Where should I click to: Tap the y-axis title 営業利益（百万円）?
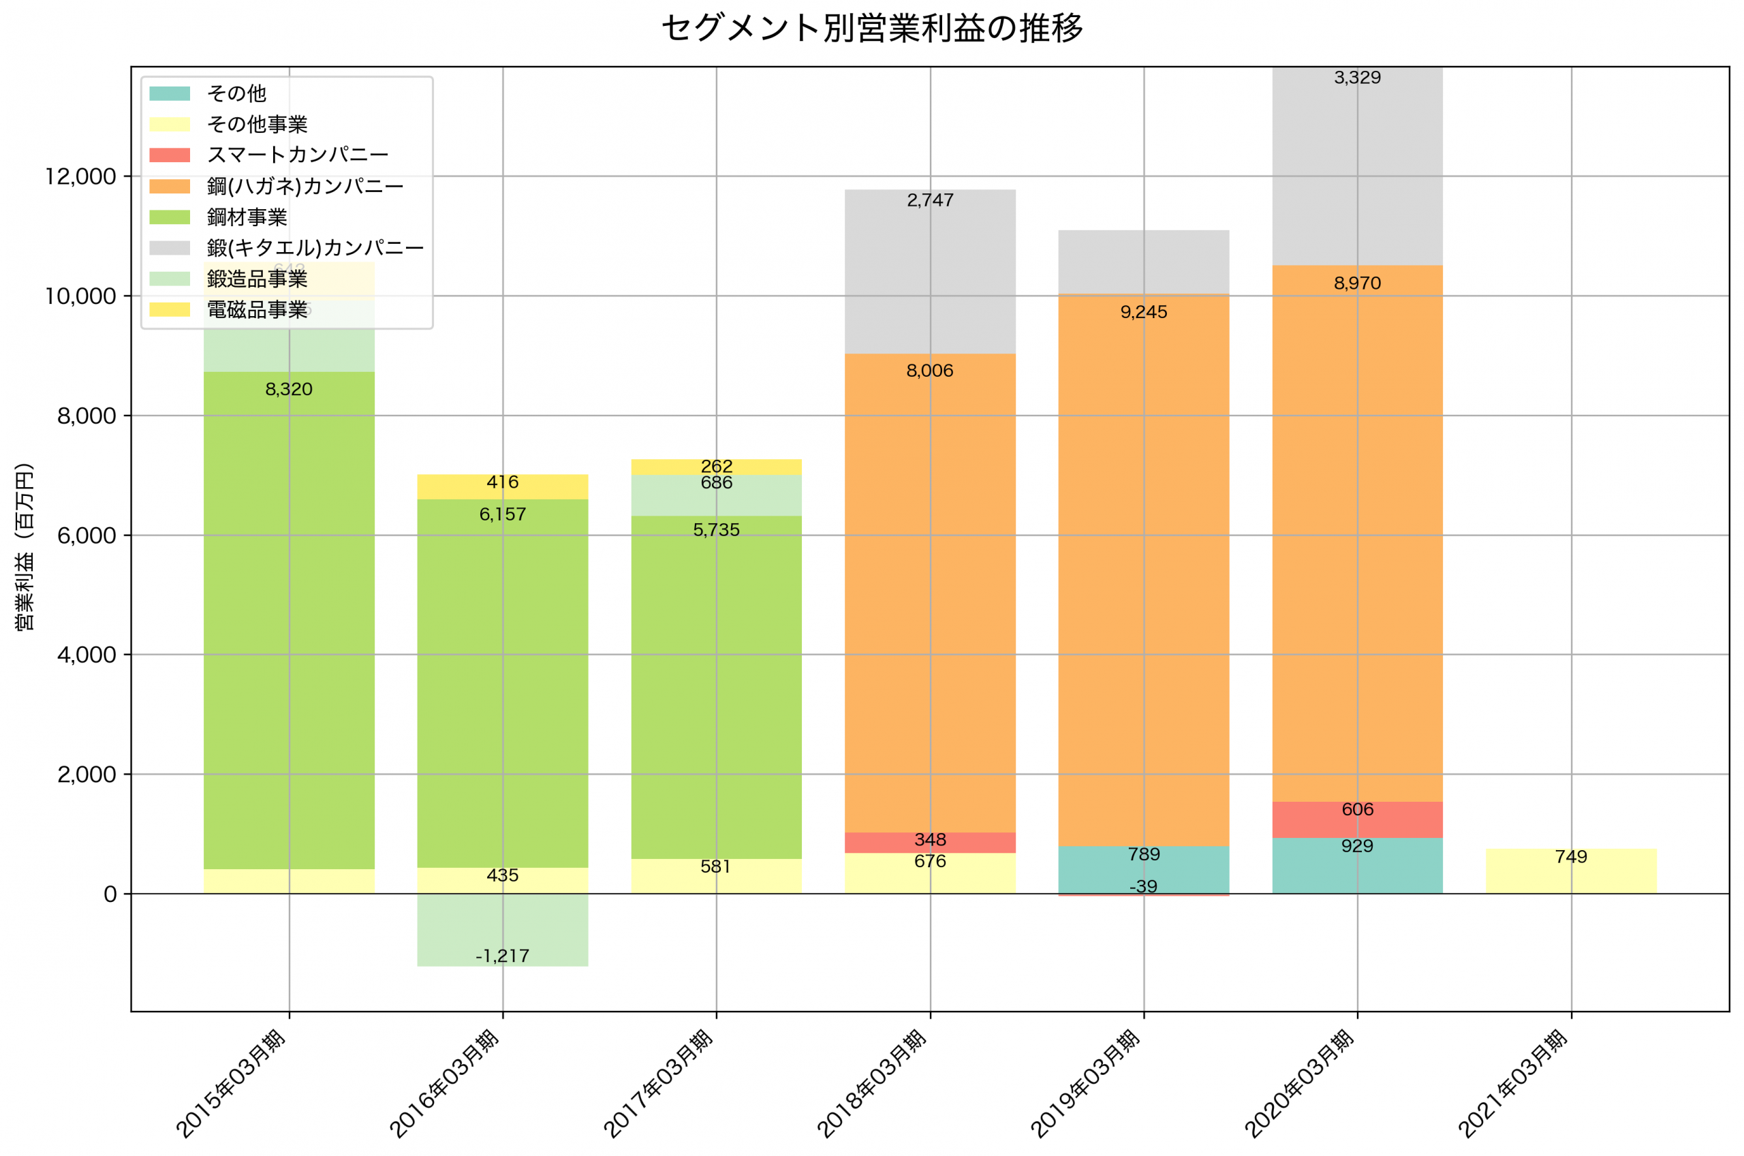[25, 547]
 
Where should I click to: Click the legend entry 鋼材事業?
[246, 217]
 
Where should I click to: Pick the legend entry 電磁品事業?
[257, 310]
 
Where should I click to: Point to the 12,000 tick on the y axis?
[80, 177]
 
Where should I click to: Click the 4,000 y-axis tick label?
[87, 655]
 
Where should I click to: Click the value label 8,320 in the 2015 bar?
[289, 389]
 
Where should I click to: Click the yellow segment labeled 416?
[503, 487]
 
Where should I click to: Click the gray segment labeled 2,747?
[930, 272]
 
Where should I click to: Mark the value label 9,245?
[1143, 312]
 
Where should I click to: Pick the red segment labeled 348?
[930, 842]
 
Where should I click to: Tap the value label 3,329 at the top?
[1357, 78]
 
